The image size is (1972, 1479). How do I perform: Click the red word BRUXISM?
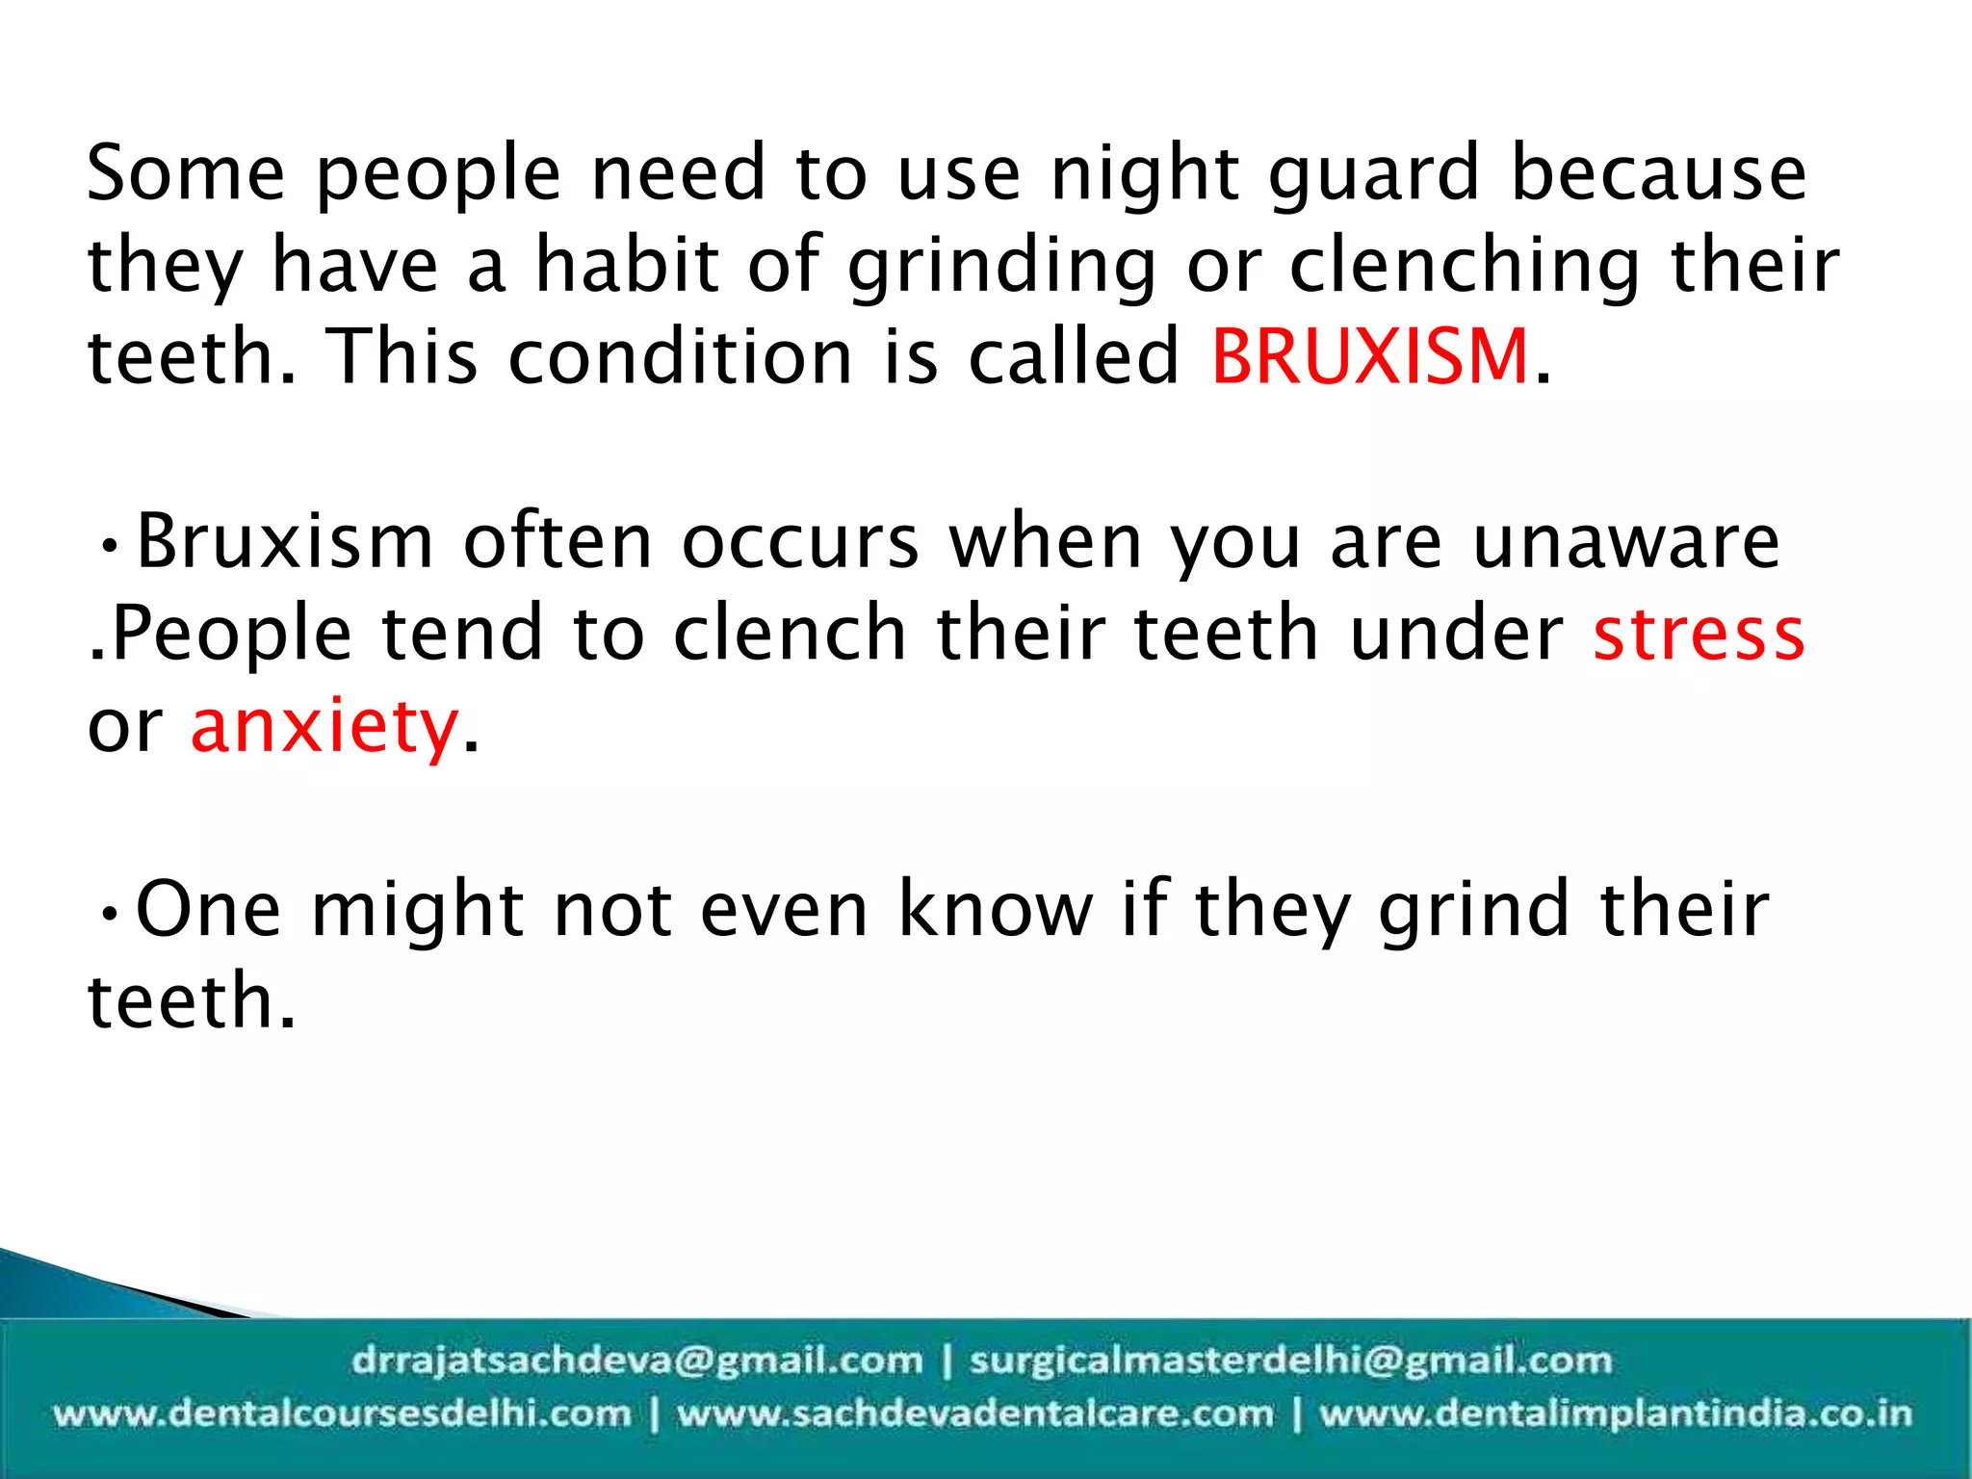pyautogui.click(x=1369, y=356)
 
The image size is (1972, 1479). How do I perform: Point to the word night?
pyautogui.click(x=1146, y=175)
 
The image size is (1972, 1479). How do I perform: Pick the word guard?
pyautogui.click(x=1373, y=175)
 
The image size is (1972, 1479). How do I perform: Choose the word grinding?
pyautogui.click(x=1001, y=266)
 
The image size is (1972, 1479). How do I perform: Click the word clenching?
pyautogui.click(x=1465, y=266)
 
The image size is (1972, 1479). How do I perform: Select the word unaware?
pyautogui.click(x=1626, y=542)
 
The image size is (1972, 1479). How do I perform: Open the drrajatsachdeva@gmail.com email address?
pyautogui.click(x=636, y=1361)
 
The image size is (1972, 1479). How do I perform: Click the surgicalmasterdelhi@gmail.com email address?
pyautogui.click(x=1290, y=1361)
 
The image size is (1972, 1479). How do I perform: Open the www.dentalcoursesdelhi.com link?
pyautogui.click(x=342, y=1414)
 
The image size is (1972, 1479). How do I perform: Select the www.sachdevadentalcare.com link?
pyautogui.click(x=974, y=1414)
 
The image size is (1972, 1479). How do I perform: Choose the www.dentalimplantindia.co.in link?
pyautogui.click(x=1615, y=1414)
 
